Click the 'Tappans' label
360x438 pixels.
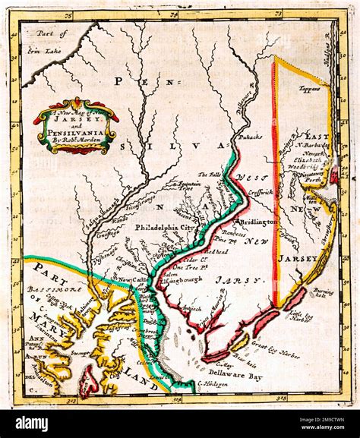[308, 89]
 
